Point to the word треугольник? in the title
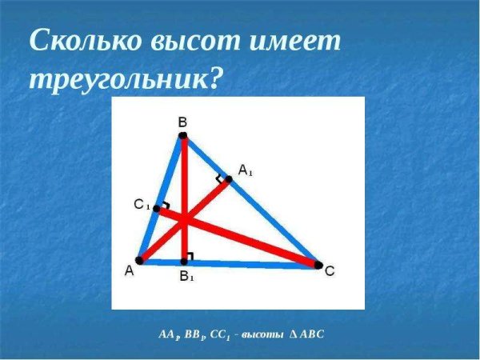pos(124,78)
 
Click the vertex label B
pos(182,122)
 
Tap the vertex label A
pos(129,271)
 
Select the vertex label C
pos(329,272)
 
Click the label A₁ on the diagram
pos(246,170)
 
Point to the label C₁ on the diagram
pos(142,206)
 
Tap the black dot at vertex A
pos(139,260)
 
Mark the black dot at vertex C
pos(318,265)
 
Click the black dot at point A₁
pos(228,179)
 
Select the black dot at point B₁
pos(184,261)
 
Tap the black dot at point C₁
pos(156,209)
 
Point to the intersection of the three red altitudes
pos(184,218)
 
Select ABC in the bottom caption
pos(310,334)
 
